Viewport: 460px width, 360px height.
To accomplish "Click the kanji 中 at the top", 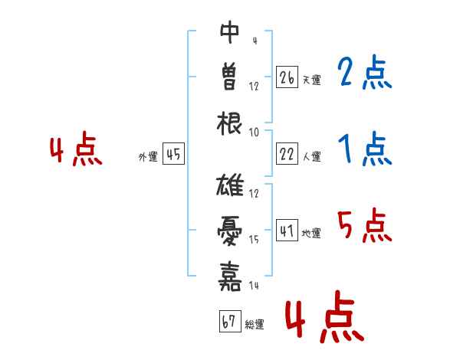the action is (x=230, y=32).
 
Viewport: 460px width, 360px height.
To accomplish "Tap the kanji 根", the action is (x=229, y=123).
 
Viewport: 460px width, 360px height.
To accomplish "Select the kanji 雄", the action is (x=230, y=185).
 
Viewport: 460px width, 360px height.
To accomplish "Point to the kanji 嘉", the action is (x=230, y=277).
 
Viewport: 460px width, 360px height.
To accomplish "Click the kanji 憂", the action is (x=230, y=231).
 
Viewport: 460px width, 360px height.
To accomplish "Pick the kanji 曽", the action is (x=230, y=77).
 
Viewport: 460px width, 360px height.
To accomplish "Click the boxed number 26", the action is (x=287, y=77).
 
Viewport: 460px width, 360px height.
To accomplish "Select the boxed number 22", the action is (x=287, y=154).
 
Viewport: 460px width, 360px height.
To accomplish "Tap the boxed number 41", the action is (x=287, y=230).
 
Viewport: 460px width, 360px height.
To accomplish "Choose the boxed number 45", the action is (x=173, y=154).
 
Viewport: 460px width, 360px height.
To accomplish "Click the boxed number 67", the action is (x=230, y=321).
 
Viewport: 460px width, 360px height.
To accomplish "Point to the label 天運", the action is (x=312, y=80).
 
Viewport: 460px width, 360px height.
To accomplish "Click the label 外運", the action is (x=148, y=156).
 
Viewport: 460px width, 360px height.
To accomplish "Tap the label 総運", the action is (x=255, y=324).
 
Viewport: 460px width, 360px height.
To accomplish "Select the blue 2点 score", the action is (x=365, y=72).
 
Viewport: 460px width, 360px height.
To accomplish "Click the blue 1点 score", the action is (x=365, y=149).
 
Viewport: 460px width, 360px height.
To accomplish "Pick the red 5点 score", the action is (x=365, y=225).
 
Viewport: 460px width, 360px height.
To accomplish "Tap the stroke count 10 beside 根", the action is (x=254, y=133).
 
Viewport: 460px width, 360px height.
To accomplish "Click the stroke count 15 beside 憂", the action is (x=254, y=240).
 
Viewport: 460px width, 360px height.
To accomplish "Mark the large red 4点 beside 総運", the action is (x=325, y=316).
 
